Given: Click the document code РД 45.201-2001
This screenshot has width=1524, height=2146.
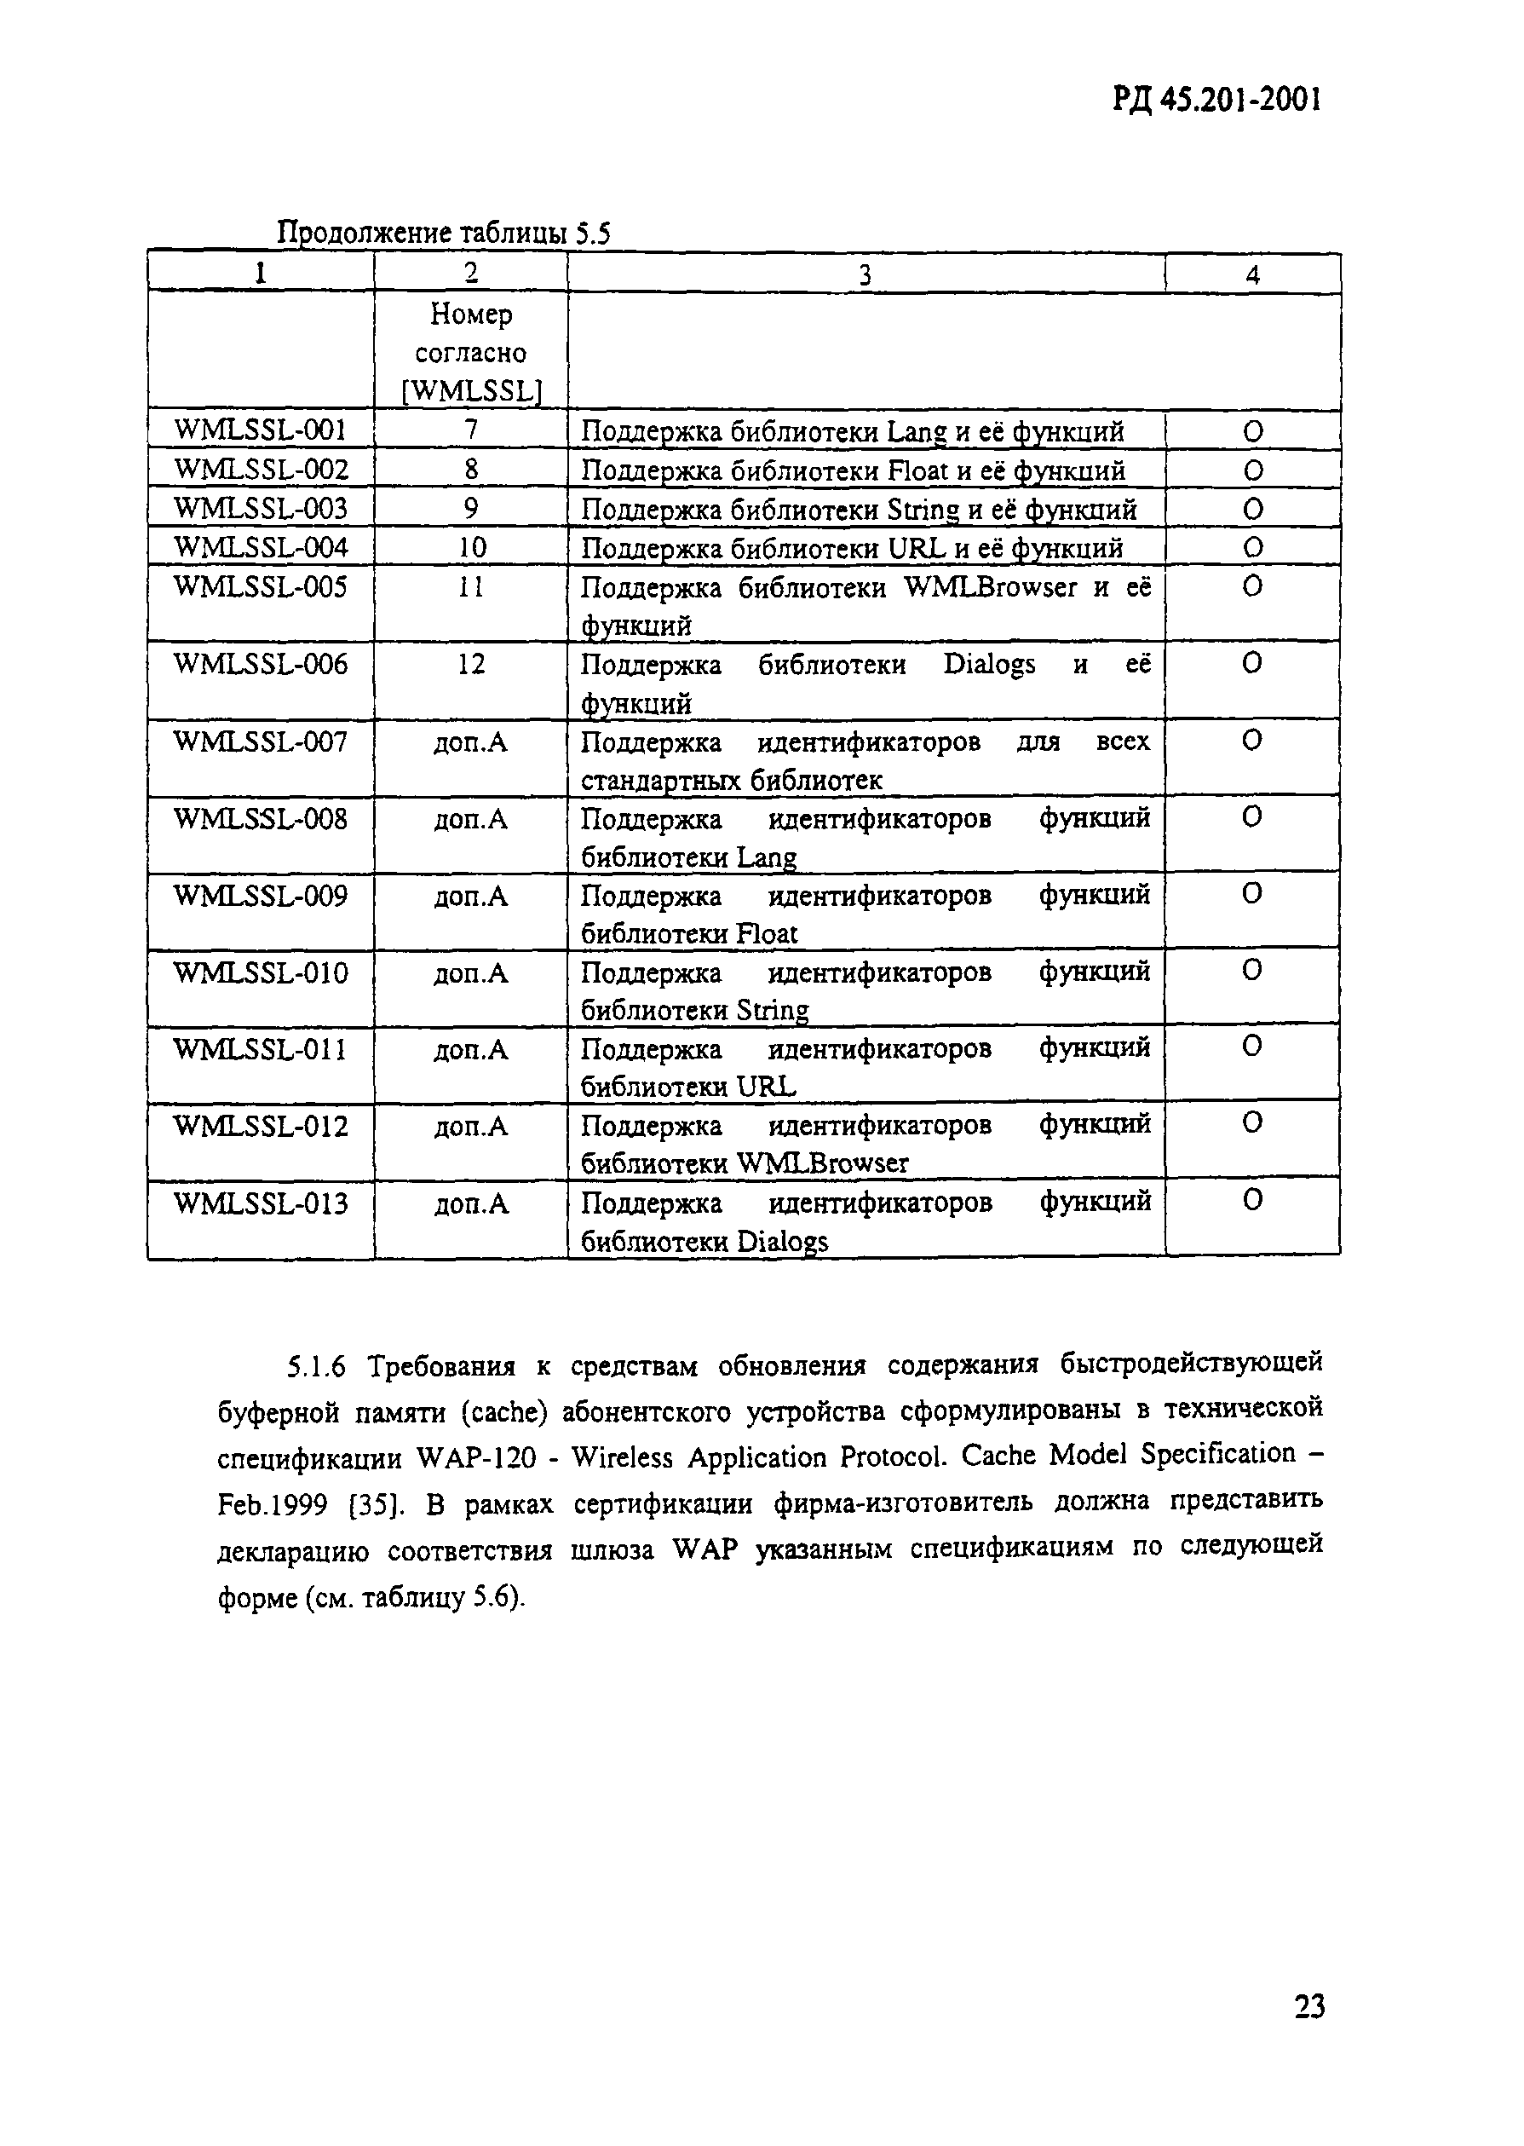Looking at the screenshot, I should pyautogui.click(x=1217, y=99).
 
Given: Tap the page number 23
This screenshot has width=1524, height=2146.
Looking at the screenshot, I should pyautogui.click(x=1309, y=2006).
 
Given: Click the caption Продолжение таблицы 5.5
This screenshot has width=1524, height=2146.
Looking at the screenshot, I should pyautogui.click(x=444, y=233).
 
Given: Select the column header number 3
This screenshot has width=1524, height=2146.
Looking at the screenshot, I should pyautogui.click(x=865, y=274).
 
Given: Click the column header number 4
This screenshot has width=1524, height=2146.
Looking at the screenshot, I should pyautogui.click(x=1252, y=274).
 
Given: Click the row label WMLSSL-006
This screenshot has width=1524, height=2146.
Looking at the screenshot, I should pyautogui.click(x=260, y=665).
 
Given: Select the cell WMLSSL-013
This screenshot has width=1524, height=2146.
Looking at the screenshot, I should pyautogui.click(x=260, y=1203).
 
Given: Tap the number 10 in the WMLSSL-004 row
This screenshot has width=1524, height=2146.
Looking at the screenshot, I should pyautogui.click(x=471, y=547).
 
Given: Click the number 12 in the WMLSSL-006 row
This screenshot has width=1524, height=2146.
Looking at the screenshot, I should pyautogui.click(x=471, y=665).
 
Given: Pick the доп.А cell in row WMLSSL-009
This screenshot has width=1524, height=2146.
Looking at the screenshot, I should pyautogui.click(x=471, y=897).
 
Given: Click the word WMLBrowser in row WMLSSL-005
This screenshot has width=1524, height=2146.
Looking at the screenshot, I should pyautogui.click(x=990, y=588).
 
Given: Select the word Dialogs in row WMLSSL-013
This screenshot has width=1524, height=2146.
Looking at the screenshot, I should pyautogui.click(x=782, y=1242).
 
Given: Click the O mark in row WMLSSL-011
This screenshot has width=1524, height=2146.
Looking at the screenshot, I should pyautogui.click(x=1252, y=1047).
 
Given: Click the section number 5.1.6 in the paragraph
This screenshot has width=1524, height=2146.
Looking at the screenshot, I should pyautogui.click(x=316, y=1367).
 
